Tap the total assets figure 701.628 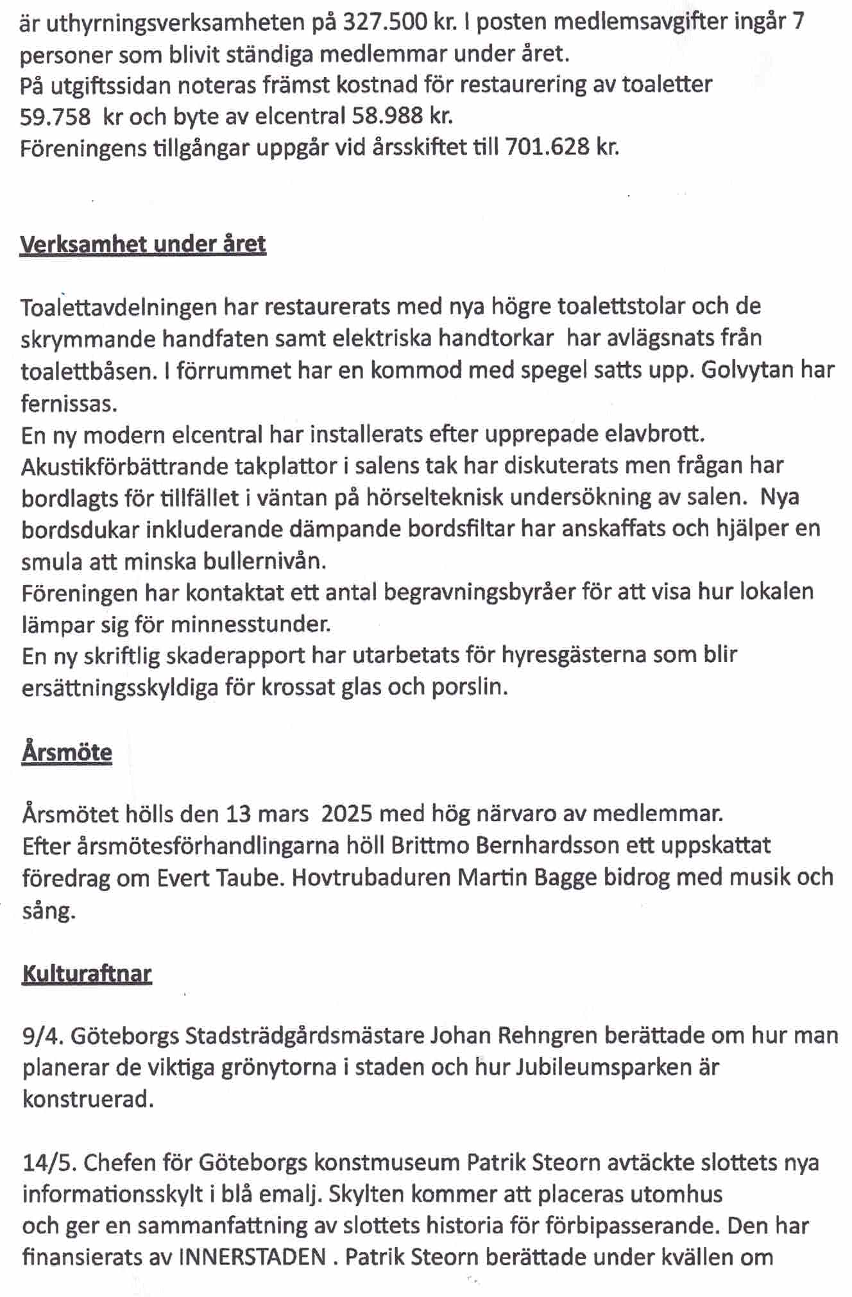[547, 149]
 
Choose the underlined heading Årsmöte [67, 752]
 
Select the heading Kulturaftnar [87, 974]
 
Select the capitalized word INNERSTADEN [251, 1257]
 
